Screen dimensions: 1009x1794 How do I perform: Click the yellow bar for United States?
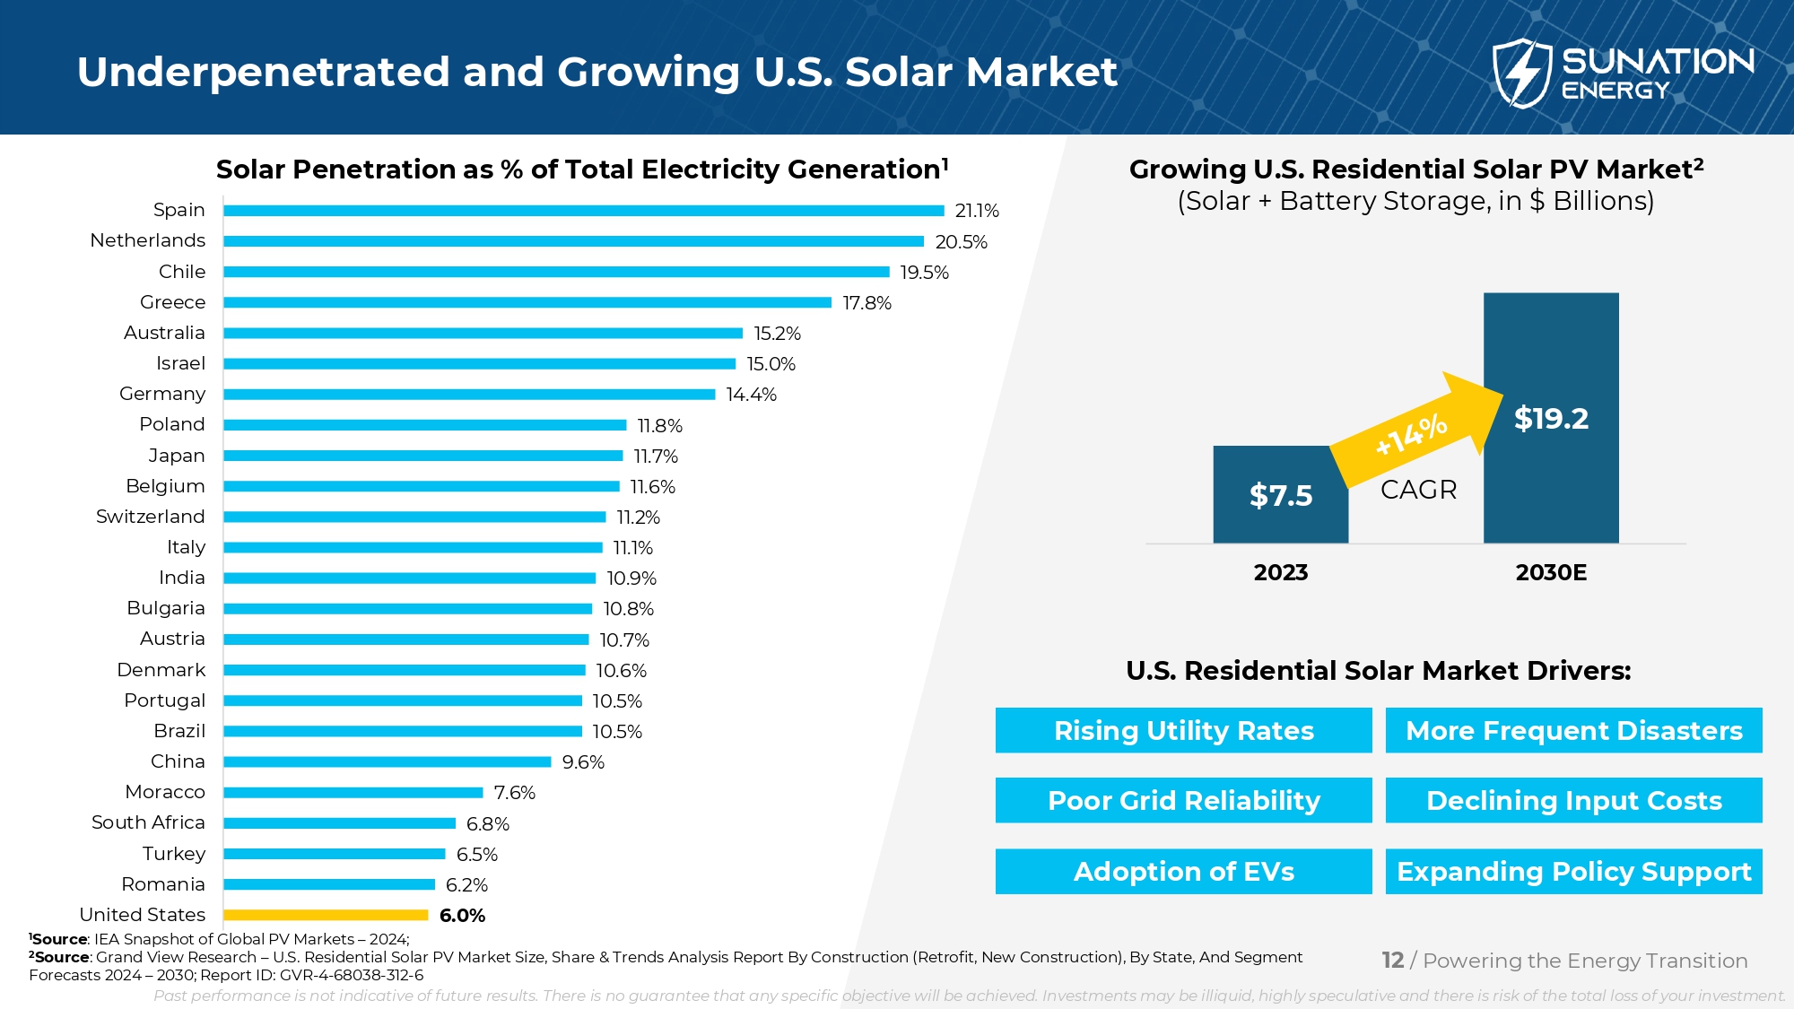pyautogui.click(x=326, y=915)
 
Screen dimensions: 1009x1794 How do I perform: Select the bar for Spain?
pyautogui.click(x=583, y=211)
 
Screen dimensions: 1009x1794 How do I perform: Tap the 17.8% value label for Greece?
pyautogui.click(x=867, y=303)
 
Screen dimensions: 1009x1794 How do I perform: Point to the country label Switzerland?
pyautogui.click(x=150, y=517)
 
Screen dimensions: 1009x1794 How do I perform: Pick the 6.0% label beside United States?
pyautogui.click(x=462, y=916)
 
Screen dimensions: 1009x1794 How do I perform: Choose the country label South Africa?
pyautogui.click(x=148, y=822)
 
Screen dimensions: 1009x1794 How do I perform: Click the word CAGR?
pyautogui.click(x=1418, y=490)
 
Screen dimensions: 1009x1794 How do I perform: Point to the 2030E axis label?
pyautogui.click(x=1551, y=572)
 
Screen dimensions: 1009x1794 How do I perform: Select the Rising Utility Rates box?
pyautogui.click(x=1183, y=730)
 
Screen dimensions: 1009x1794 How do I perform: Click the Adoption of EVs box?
pyautogui.click(x=1183, y=871)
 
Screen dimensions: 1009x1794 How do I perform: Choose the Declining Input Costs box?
pyautogui.click(x=1573, y=800)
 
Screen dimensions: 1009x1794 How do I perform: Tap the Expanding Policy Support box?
pyautogui.click(x=1573, y=871)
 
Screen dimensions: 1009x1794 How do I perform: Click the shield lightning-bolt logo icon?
pyautogui.click(x=1521, y=73)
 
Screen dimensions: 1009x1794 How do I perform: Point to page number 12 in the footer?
pyautogui.click(x=1392, y=961)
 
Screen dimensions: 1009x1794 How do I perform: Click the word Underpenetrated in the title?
pyautogui.click(x=263, y=72)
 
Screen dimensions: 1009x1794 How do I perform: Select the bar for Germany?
pyautogui.click(x=469, y=395)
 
